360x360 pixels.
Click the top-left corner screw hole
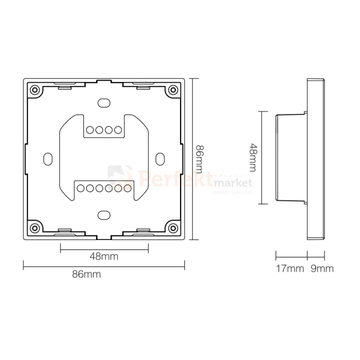click(35, 90)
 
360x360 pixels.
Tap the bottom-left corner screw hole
click(35, 227)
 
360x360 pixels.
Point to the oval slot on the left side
click(48, 158)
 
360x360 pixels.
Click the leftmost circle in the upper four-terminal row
click(90, 130)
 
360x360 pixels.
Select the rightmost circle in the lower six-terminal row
click(127, 188)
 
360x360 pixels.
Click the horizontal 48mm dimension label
click(104, 256)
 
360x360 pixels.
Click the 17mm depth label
click(290, 269)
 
